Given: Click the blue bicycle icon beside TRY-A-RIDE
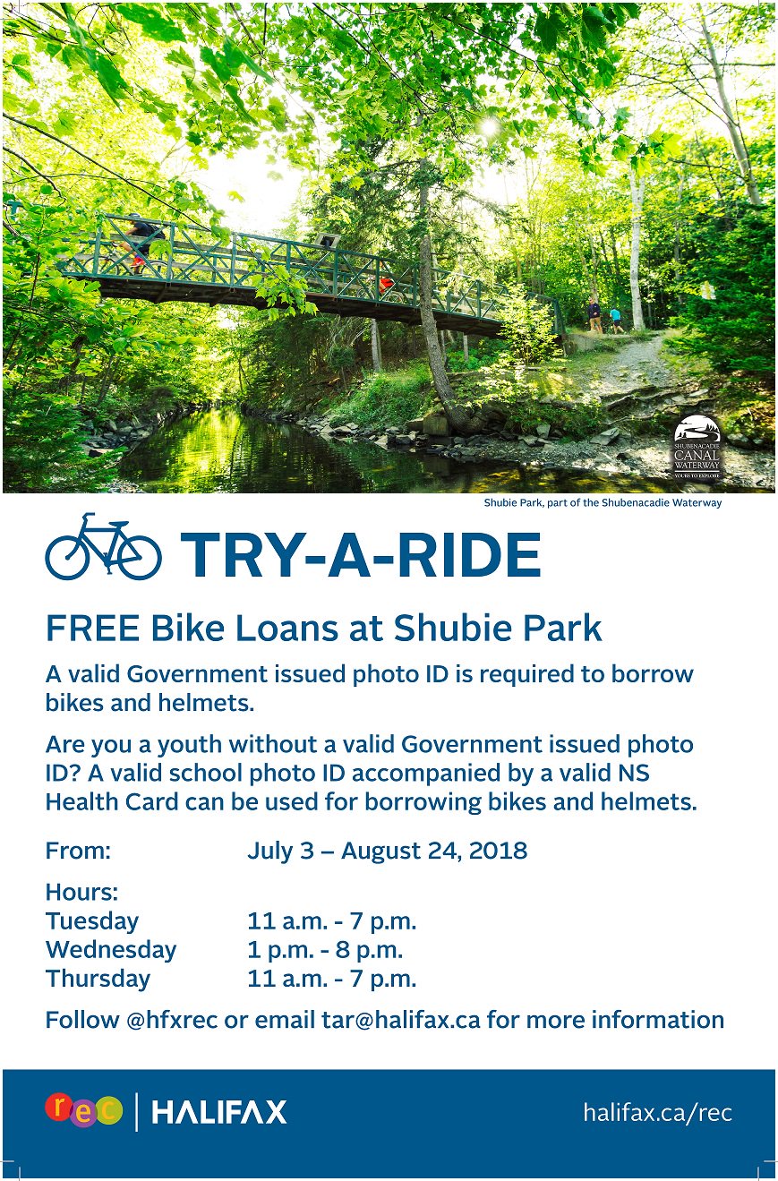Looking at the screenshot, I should point(103,547).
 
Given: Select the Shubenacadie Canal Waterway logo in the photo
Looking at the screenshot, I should point(697,447).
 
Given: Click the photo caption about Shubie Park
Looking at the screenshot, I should point(603,503).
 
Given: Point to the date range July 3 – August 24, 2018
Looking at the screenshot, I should point(387,851).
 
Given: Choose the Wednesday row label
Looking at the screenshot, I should point(111,950).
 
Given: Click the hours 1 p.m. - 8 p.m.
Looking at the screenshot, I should point(325,950).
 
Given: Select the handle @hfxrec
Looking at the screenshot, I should point(172,1020).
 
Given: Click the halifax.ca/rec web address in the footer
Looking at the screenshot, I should point(657,1113).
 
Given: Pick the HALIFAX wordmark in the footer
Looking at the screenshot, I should point(219,1113).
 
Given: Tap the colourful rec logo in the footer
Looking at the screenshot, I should point(83,1110).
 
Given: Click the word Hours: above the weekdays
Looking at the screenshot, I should point(81,893).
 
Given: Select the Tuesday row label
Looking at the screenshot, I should point(92,921).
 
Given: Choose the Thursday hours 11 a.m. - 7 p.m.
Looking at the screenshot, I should point(331,979).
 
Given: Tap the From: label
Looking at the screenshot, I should point(78,851).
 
